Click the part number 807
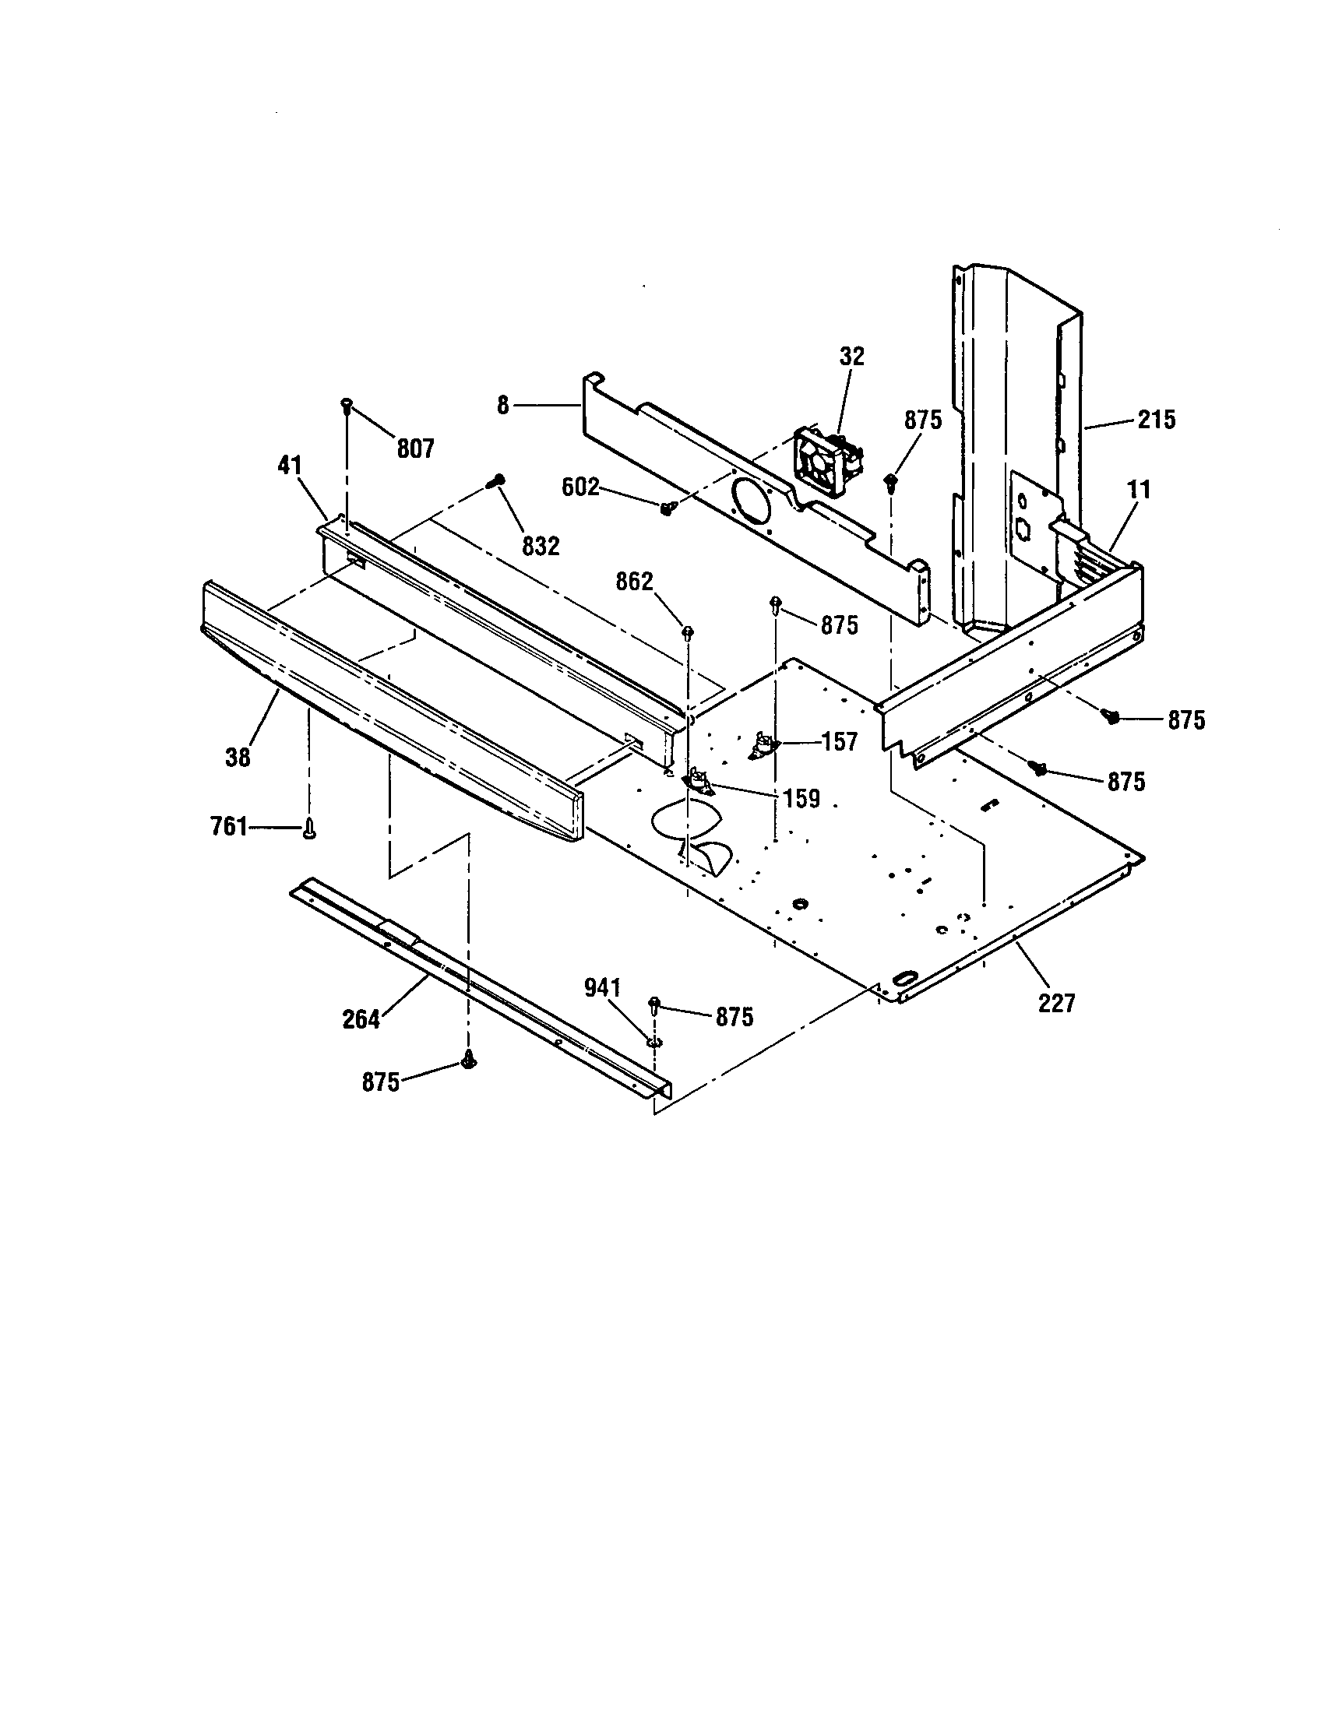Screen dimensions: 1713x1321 pos(415,448)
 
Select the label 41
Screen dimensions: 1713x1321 pos(290,466)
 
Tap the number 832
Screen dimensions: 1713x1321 pos(541,546)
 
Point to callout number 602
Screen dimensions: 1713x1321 pos(579,487)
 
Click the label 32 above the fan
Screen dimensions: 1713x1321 pos(851,357)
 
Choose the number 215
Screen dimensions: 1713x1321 pos(1157,420)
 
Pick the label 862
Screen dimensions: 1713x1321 pos(634,581)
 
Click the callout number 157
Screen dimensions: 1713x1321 pos(840,741)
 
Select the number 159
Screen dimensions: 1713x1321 pos(800,798)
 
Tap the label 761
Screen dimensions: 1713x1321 pos(230,827)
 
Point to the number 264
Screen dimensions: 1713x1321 pos(361,1020)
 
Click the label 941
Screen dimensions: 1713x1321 pos(602,988)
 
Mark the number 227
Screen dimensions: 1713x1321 pos(1056,1002)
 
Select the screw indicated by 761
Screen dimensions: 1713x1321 pos(309,828)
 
